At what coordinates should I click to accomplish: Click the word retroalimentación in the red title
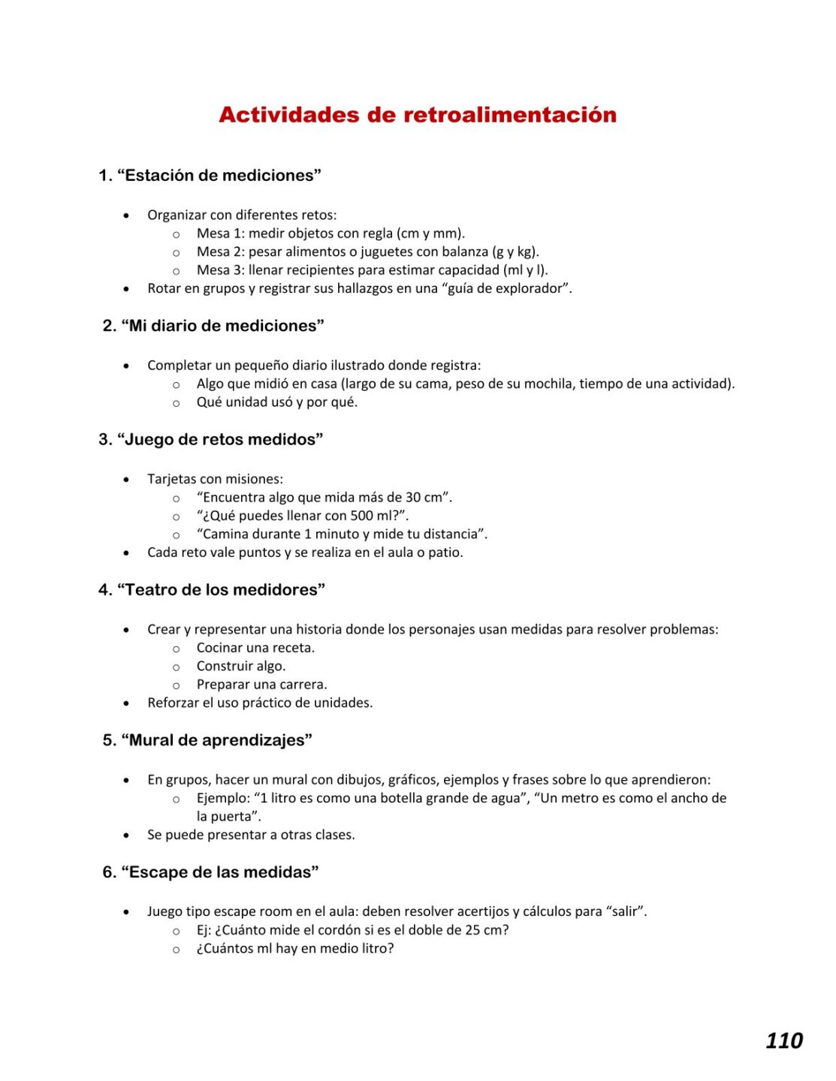[510, 115]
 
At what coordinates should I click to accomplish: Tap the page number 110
[784, 1040]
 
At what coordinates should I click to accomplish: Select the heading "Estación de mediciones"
[219, 176]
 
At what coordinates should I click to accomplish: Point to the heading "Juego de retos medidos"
[219, 439]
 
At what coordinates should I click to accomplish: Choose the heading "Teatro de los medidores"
[221, 590]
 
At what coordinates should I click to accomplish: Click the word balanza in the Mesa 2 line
[464, 251]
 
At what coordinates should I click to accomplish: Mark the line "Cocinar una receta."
[255, 648]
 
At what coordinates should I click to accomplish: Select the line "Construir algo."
[241, 666]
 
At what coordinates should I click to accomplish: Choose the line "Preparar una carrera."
[261, 685]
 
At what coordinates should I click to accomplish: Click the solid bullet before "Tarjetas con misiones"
[126, 479]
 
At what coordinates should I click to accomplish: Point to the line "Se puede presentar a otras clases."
[251, 835]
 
